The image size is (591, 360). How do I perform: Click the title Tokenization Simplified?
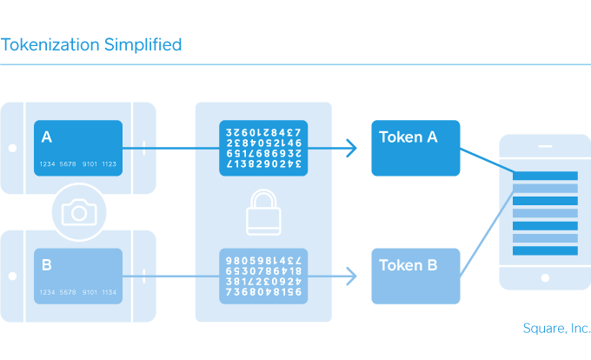(x=91, y=44)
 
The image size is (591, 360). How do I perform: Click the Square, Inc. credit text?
(x=556, y=328)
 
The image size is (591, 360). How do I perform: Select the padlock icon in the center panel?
(x=263, y=212)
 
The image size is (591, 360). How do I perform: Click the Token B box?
(x=415, y=275)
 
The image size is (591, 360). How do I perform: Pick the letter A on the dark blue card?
(x=47, y=137)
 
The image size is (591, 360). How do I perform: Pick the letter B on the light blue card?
(x=47, y=263)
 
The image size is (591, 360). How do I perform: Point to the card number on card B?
(x=77, y=292)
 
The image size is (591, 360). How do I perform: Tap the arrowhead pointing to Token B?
(x=350, y=276)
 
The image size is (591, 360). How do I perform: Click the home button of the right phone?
(x=545, y=278)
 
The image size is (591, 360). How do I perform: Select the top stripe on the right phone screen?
(x=545, y=177)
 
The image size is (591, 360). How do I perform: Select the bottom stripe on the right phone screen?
(x=545, y=250)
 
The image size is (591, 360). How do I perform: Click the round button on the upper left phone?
(x=11, y=148)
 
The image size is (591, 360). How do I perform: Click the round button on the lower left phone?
(x=11, y=276)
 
